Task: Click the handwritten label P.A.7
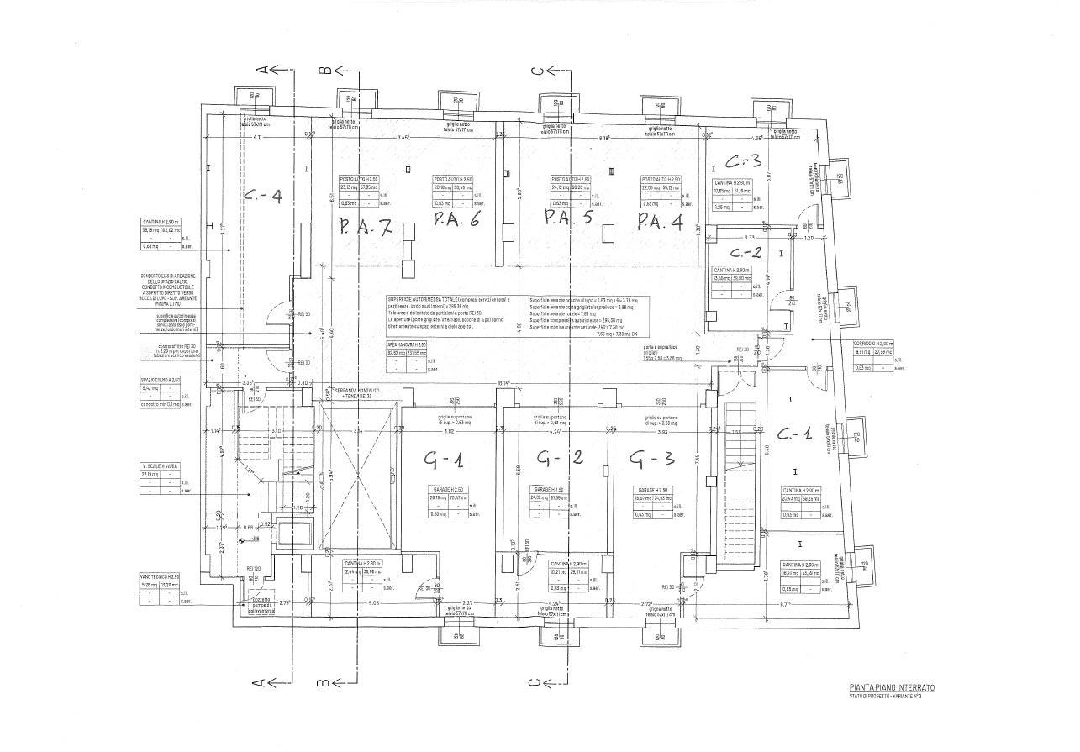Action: pyautogui.click(x=364, y=227)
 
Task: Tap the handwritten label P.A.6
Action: pyautogui.click(x=456, y=220)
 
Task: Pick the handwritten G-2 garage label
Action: pyautogui.click(x=559, y=460)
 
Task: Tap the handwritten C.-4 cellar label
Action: pyautogui.click(x=261, y=198)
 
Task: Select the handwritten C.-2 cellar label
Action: pyautogui.click(x=745, y=252)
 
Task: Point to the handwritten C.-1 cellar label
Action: pyautogui.click(x=793, y=434)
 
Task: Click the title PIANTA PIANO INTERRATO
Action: pyautogui.click(x=891, y=687)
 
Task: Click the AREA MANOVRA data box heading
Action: pyautogui.click(x=407, y=344)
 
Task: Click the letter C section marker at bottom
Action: pyautogui.click(x=535, y=682)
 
